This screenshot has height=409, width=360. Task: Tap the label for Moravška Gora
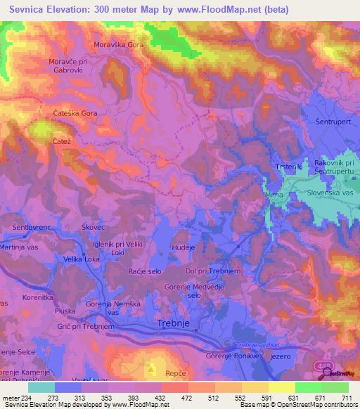(x=119, y=44)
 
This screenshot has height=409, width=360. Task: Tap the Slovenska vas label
(x=329, y=192)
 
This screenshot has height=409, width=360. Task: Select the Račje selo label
(x=146, y=271)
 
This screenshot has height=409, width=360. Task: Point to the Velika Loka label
(x=84, y=259)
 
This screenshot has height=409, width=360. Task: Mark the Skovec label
(x=93, y=228)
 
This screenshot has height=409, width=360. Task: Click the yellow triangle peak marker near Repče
(x=151, y=367)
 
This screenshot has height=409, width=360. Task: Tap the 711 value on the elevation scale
(x=347, y=398)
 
